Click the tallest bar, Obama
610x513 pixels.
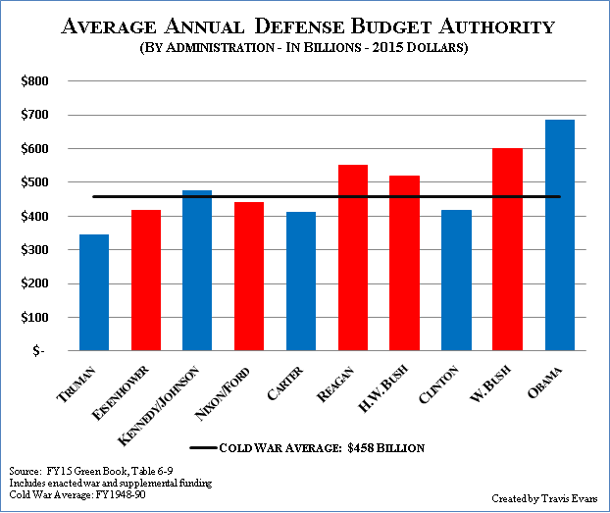pos(559,235)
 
